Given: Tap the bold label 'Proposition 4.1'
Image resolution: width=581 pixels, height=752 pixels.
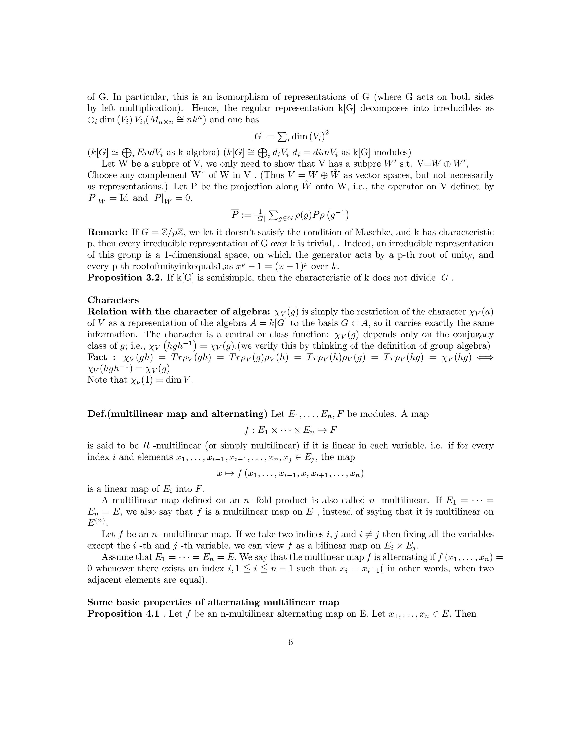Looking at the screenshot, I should click(x=123, y=614).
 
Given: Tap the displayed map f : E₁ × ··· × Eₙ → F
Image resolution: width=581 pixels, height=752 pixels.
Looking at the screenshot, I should click(x=290, y=430).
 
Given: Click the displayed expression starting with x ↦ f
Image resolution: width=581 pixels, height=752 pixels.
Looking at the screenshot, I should click(x=290, y=474).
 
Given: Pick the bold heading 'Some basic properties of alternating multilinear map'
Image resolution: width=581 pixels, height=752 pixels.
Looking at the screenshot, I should click(x=213, y=602).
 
